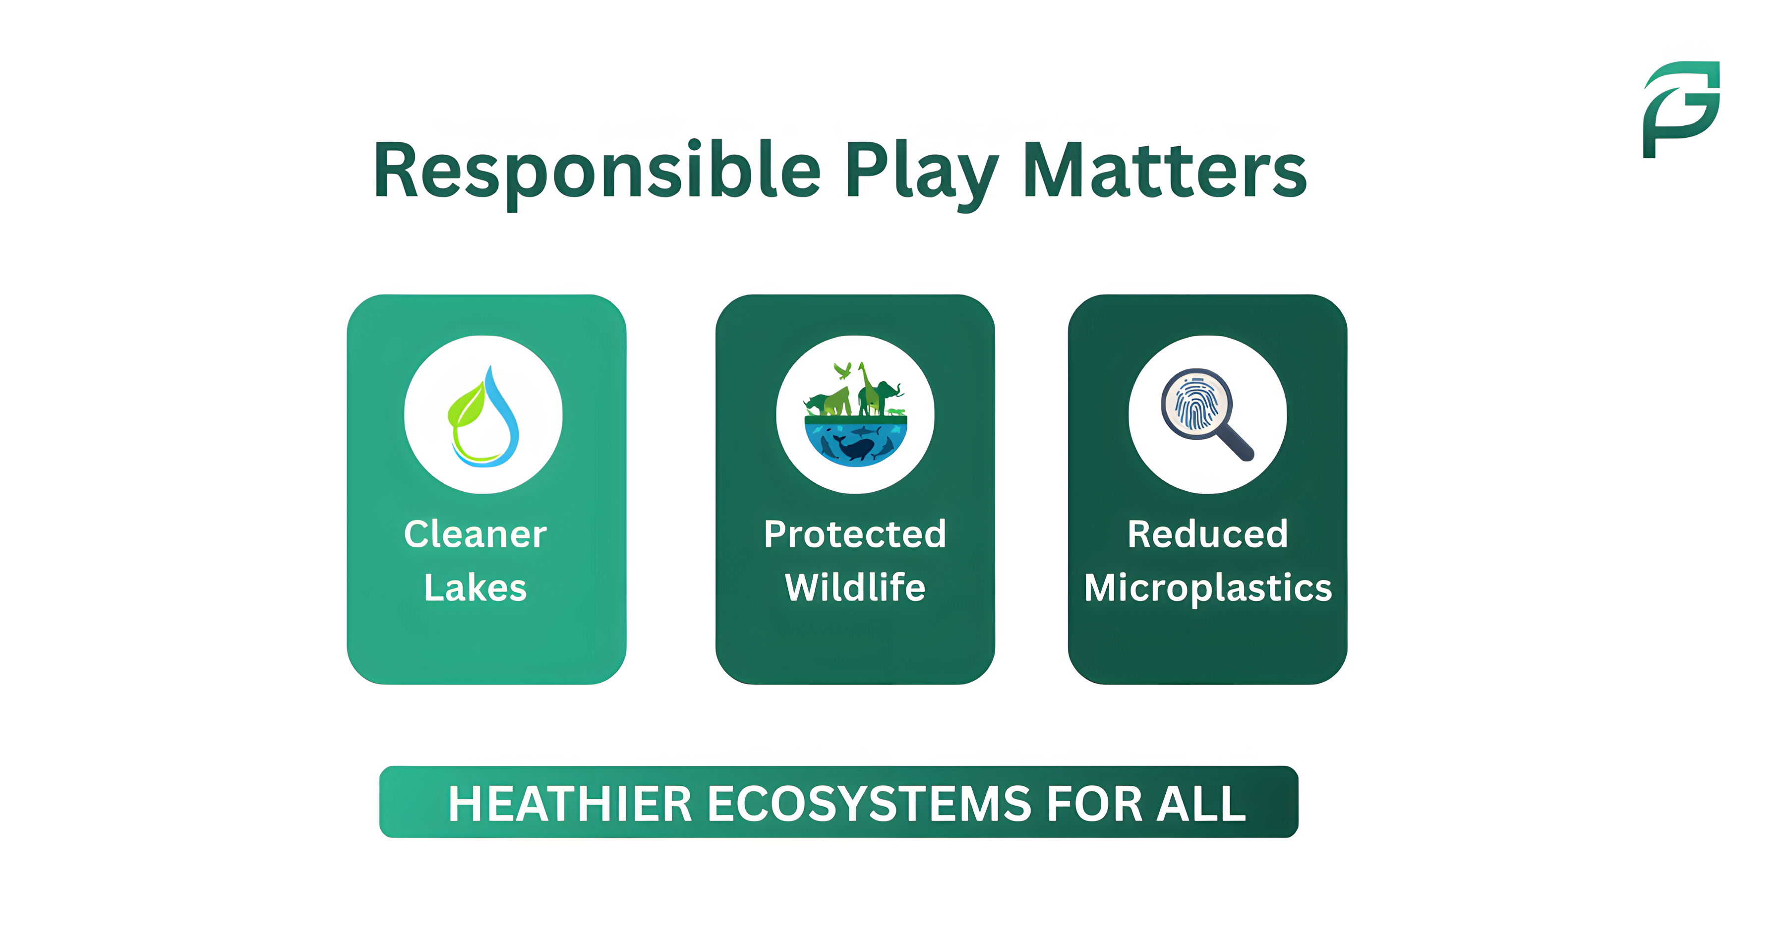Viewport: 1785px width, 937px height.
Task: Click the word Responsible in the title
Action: [x=596, y=171]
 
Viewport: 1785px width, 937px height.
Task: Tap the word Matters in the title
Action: [x=1164, y=171]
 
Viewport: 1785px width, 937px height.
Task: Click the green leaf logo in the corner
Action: [x=1681, y=110]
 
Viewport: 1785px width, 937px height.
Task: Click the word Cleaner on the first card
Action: [x=476, y=534]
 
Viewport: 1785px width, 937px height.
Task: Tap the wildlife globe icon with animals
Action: [x=855, y=416]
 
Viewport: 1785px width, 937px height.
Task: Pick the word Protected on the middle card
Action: [x=855, y=534]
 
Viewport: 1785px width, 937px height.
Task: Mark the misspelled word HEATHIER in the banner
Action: [x=570, y=804]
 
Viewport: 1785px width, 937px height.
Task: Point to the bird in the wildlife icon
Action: [x=842, y=370]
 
